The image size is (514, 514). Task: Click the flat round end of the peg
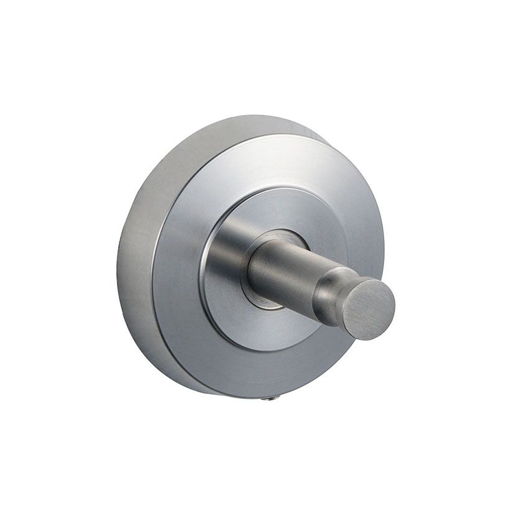point(369,309)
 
